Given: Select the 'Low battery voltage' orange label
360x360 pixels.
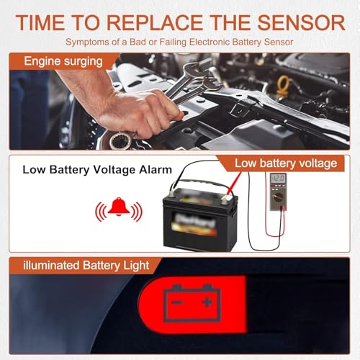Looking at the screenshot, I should (286, 163).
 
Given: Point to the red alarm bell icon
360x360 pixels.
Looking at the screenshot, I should (119, 210).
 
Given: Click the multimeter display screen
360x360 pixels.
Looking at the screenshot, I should (277, 179).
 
